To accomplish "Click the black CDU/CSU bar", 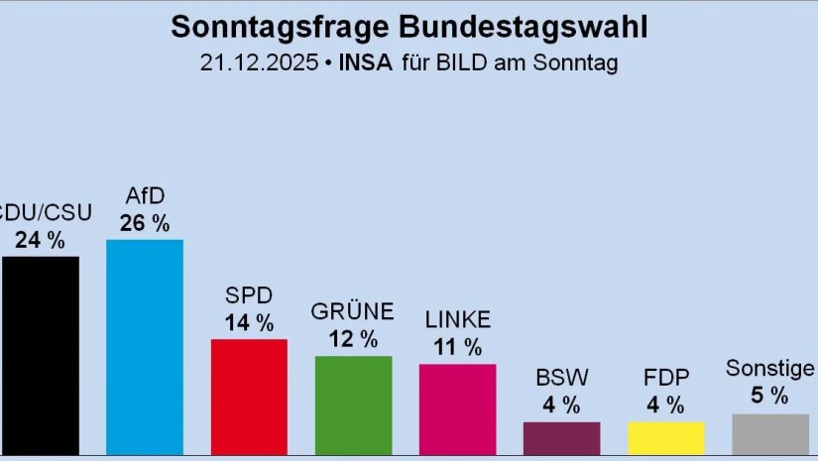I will (x=40, y=357).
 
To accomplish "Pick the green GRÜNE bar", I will (x=353, y=406).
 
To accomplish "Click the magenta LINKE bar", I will (x=457, y=410).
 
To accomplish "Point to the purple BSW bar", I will (x=561, y=440).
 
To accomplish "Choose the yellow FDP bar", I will (x=665, y=440).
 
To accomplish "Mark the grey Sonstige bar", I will (x=769, y=436).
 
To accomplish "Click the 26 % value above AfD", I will (x=145, y=223).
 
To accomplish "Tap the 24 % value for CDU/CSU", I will (x=40, y=239).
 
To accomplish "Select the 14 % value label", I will (x=249, y=322).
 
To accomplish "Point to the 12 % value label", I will (x=353, y=339).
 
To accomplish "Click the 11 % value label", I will (x=457, y=347).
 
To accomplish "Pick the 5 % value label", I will (x=769, y=397).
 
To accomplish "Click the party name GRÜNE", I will (x=353, y=312).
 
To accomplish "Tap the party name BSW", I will (x=561, y=378).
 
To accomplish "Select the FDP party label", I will (x=665, y=378).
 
